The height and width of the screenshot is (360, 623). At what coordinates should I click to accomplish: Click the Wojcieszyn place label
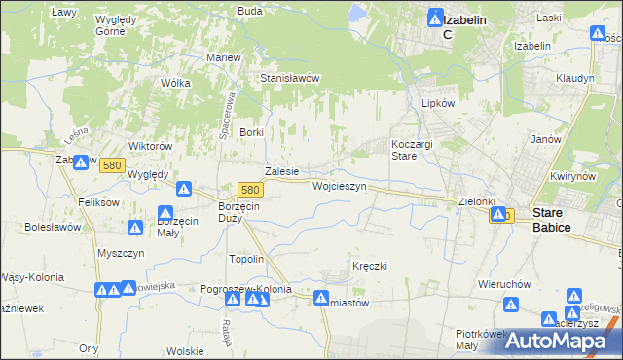tap(339, 185)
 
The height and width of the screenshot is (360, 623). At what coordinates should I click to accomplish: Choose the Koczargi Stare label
tap(411, 149)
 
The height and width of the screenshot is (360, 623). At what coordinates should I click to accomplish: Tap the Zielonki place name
tap(477, 201)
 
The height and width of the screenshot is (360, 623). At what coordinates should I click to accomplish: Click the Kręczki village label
tap(370, 266)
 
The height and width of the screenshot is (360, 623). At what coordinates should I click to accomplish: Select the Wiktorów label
tap(151, 146)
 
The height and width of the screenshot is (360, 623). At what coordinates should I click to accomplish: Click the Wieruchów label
tap(503, 285)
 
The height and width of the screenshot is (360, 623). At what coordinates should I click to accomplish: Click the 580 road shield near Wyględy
tap(113, 166)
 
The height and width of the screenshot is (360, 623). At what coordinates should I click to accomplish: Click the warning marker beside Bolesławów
tap(134, 228)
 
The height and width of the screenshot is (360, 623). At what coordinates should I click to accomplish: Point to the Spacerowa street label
tap(233, 112)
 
